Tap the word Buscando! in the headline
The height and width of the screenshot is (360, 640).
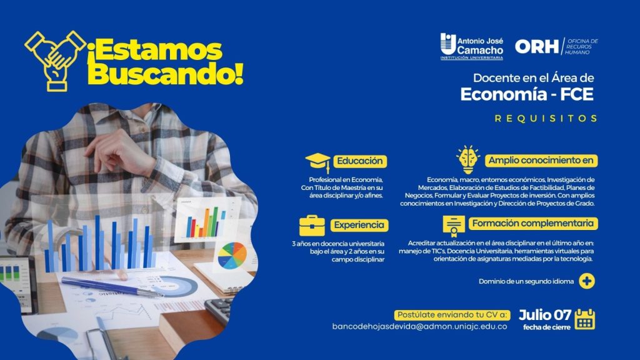[x=166, y=74]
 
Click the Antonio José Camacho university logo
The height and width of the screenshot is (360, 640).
[x=471, y=46]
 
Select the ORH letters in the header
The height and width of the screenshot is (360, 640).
[x=536, y=46]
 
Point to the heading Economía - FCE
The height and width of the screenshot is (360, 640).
[x=527, y=94]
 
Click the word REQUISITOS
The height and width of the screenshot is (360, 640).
[x=546, y=118]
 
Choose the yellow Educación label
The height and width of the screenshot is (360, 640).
[x=360, y=161]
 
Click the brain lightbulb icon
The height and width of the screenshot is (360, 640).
[x=467, y=159]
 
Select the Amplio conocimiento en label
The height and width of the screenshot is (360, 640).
[x=541, y=161]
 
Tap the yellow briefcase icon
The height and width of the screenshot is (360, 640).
[x=312, y=225]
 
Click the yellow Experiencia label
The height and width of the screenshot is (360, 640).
[x=359, y=225]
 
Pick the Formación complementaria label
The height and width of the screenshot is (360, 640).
[x=533, y=223]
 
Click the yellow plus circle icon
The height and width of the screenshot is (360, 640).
[x=586, y=281]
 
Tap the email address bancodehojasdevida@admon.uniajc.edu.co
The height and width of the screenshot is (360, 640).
[x=419, y=326]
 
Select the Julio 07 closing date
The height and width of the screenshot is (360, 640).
[x=545, y=315]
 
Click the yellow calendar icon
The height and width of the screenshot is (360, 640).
[x=585, y=319]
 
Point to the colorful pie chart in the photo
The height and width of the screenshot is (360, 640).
[x=232, y=255]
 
